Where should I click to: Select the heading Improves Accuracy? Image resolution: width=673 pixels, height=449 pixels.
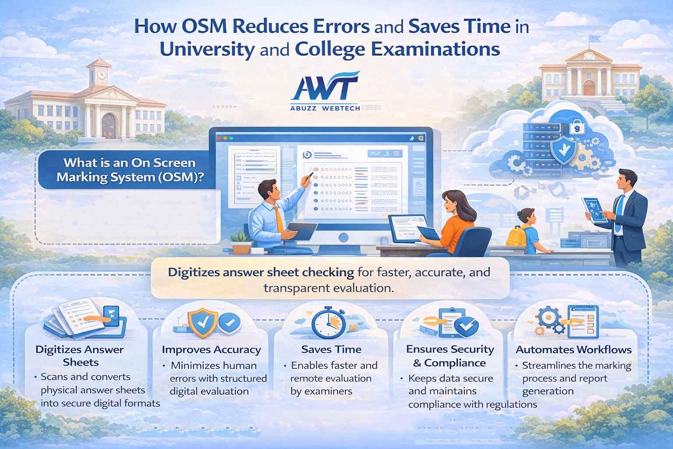pos(212,349)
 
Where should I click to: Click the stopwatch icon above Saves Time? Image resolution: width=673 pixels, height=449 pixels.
pos(328,323)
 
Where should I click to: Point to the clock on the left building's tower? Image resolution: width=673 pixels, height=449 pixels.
pos(102,75)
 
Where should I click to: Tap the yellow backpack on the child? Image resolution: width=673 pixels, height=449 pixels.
pos(516,235)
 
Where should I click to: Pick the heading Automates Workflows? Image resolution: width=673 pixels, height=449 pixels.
pos(574,350)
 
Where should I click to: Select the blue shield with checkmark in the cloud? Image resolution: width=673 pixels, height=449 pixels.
pos(564,150)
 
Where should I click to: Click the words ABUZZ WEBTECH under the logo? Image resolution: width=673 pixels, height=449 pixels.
pos(325,108)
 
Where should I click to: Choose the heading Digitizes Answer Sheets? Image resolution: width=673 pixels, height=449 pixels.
pos(80,356)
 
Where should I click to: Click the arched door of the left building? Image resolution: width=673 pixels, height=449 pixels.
pos(109,126)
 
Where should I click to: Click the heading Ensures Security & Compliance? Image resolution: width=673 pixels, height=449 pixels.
pos(450,356)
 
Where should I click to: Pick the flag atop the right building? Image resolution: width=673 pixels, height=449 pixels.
pos(593,39)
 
